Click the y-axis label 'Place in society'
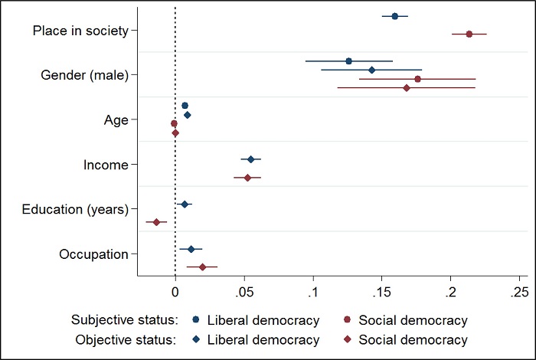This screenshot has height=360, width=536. coord(80,31)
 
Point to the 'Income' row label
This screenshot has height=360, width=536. coord(106,164)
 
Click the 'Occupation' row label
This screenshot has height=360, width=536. coord(93,254)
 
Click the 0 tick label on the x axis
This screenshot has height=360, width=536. coord(175,292)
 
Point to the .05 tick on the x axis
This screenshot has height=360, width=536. coord(244,292)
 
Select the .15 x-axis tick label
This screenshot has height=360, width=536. coord(382,292)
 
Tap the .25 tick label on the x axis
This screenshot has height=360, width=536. coord(519,292)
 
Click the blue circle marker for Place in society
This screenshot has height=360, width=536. coord(395,16)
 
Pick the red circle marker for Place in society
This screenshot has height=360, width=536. coord(469,34)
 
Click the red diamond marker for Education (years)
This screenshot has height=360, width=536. coord(156,222)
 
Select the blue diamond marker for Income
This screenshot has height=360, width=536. coord(250,159)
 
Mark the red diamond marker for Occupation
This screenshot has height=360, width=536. coord(202,267)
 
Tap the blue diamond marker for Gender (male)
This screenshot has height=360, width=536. coord(372,70)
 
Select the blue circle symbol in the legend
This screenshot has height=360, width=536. coord(197,320)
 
